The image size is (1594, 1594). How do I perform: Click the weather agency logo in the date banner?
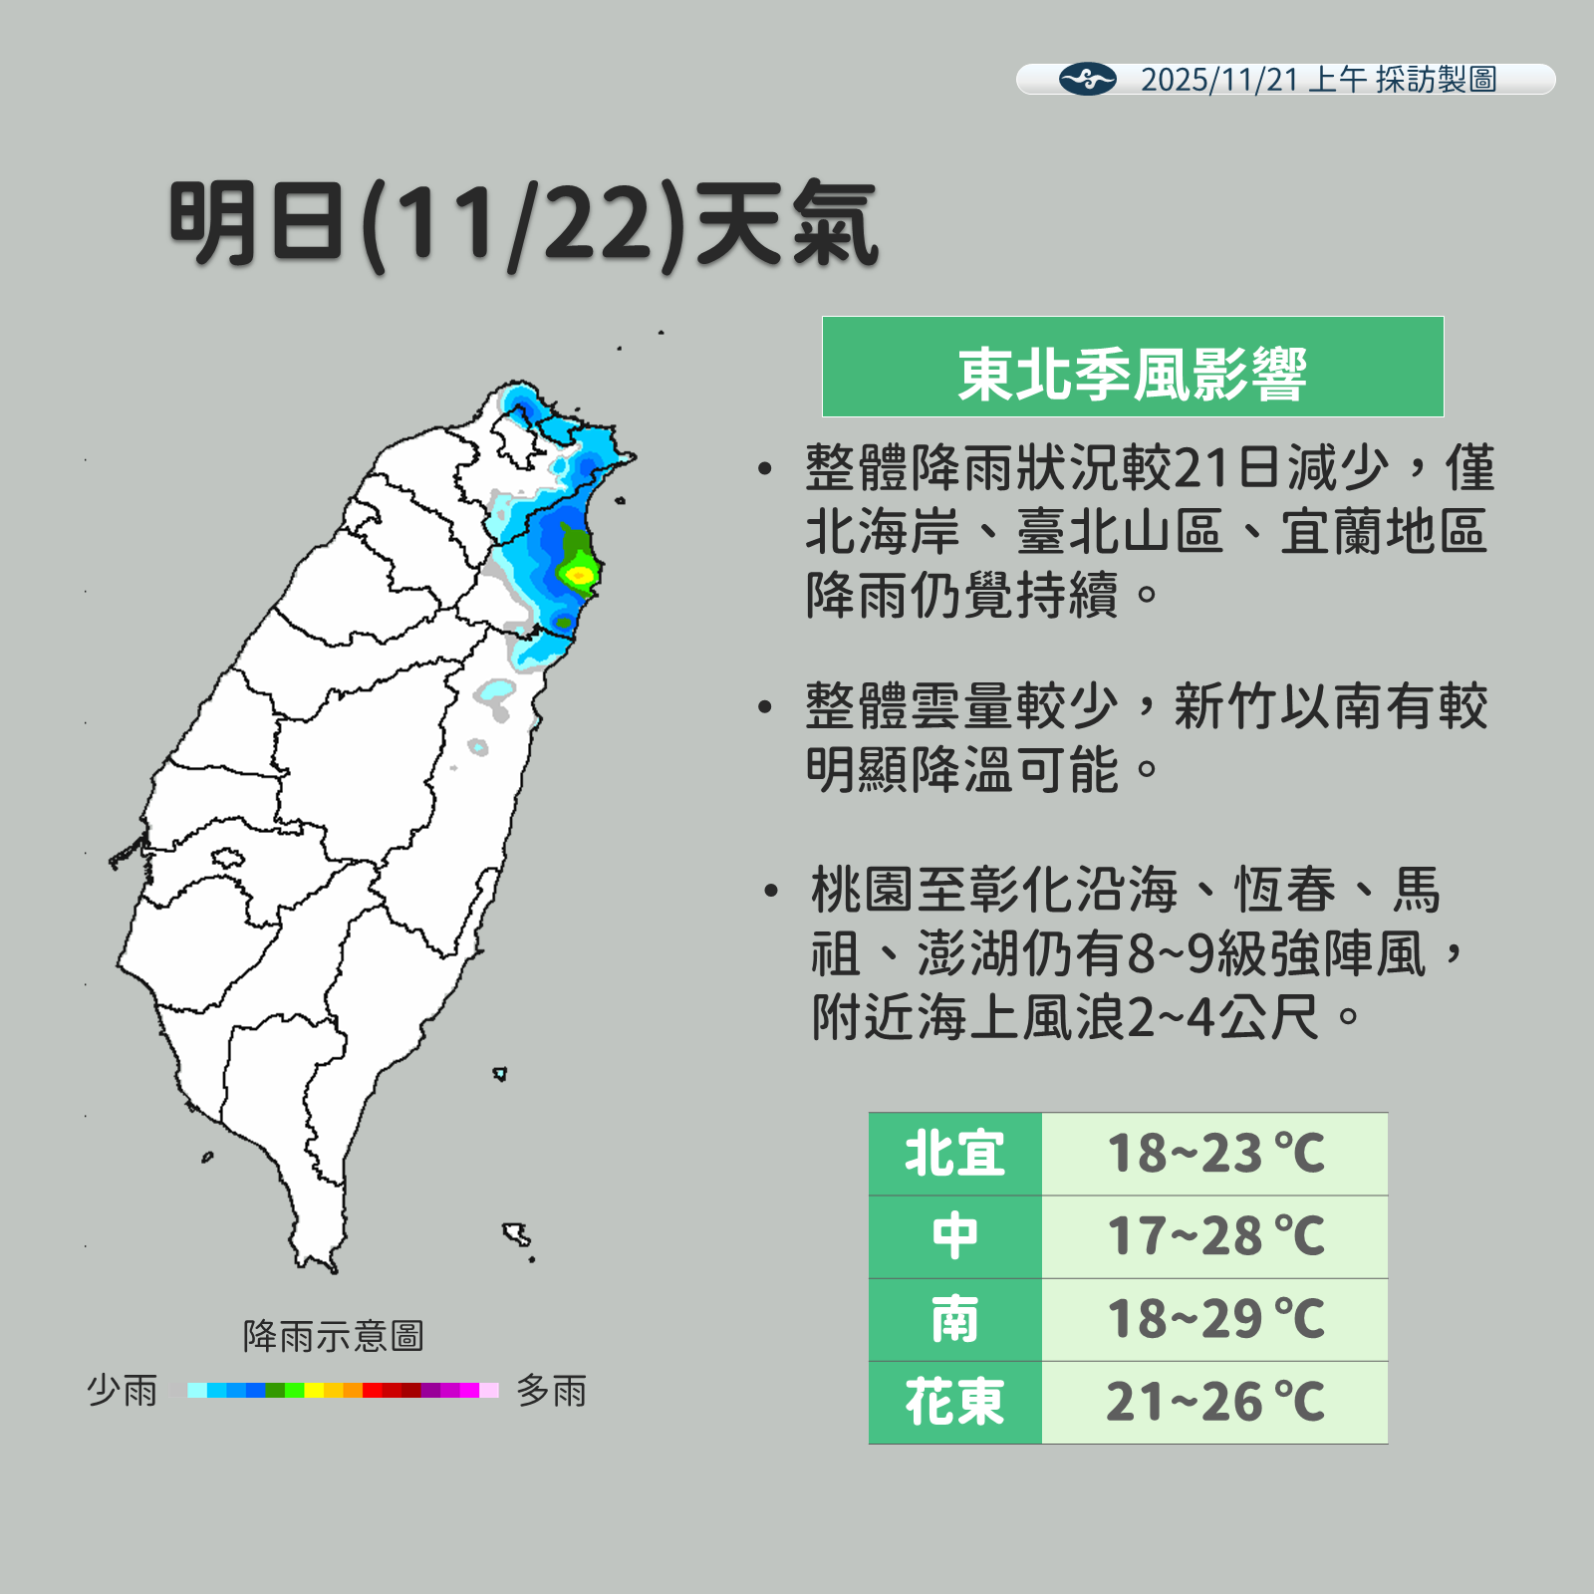tap(1087, 79)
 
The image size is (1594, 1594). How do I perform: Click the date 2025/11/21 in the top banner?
tap(1219, 80)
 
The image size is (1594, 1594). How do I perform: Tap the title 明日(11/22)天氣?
tap(524, 225)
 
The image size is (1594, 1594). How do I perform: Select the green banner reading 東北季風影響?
tap(1132, 367)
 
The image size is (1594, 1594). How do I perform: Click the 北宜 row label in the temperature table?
tap(954, 1154)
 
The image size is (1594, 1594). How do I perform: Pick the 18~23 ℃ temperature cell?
tap(1214, 1154)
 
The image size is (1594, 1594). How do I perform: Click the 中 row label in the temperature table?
tap(954, 1236)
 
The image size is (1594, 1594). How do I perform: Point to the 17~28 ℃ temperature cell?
tap(1214, 1236)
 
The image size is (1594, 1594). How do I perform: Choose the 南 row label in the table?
tap(954, 1319)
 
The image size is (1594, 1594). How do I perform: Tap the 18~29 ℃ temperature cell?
tap(1214, 1319)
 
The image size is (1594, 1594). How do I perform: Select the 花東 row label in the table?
tap(954, 1402)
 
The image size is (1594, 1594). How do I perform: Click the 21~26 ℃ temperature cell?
tap(1214, 1402)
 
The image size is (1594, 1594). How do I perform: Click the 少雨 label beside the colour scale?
tap(123, 1390)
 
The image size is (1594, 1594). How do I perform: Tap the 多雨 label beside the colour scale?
tap(551, 1390)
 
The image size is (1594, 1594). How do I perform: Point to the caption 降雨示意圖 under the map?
tap(334, 1336)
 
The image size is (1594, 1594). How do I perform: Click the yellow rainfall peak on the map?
tap(578, 574)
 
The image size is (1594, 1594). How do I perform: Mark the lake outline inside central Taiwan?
tap(227, 857)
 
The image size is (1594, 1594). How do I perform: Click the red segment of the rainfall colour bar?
tap(372, 1390)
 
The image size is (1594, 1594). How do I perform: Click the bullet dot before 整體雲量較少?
tap(765, 707)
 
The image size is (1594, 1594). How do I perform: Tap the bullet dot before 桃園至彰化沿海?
tap(770, 891)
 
